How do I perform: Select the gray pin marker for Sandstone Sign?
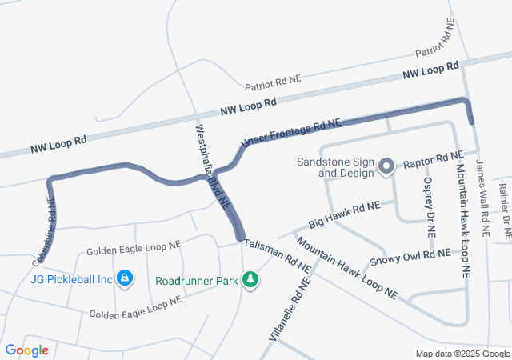coord(386,167)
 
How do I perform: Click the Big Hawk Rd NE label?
coord(345,214)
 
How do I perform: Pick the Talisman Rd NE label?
coord(277,255)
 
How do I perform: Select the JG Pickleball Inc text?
coord(71,279)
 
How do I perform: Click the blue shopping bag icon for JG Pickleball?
coord(125,278)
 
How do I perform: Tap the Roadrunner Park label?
coord(198,280)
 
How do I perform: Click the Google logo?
coord(27,350)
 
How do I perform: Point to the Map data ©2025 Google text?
coord(462,354)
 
